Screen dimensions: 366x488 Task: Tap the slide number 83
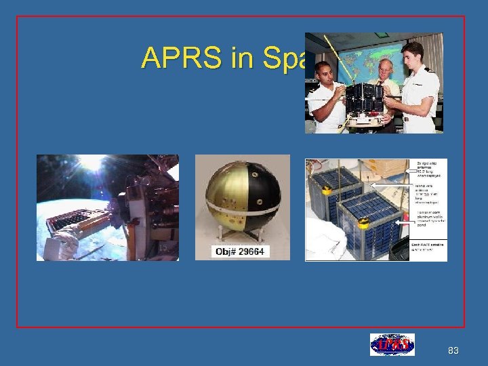point(453,350)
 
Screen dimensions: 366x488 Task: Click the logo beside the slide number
point(392,345)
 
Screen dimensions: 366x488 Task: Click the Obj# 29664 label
point(241,251)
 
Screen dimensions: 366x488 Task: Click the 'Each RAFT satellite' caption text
point(428,246)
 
